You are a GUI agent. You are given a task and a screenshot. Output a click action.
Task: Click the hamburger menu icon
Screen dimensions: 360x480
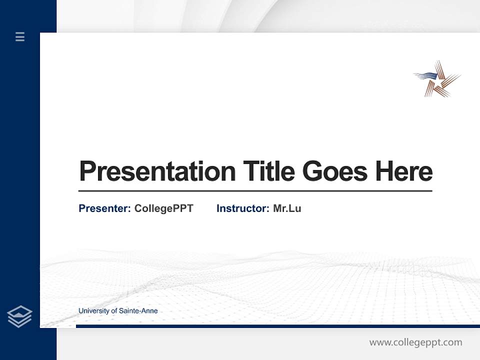tap(20, 36)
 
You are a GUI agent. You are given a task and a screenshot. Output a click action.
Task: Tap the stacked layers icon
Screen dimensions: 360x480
tap(19, 316)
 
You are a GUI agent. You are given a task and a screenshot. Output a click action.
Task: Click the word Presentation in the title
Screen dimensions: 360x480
tap(157, 171)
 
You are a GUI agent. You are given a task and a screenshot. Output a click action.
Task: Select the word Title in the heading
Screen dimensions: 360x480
tap(268, 171)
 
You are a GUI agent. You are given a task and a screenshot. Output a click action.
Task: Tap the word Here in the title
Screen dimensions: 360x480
tap(404, 171)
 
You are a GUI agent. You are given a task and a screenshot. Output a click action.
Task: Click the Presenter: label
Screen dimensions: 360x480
tap(104, 208)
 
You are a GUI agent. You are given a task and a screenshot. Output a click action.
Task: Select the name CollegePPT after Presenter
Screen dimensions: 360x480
tap(163, 208)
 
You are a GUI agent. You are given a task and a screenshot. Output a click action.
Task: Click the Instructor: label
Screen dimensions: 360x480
tap(242, 208)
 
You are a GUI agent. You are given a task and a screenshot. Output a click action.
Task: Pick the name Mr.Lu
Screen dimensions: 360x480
tap(287, 208)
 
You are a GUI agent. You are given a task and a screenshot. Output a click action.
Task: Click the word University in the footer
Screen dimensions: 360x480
tap(94, 311)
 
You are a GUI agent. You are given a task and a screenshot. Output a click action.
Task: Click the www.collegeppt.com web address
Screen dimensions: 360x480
tap(415, 342)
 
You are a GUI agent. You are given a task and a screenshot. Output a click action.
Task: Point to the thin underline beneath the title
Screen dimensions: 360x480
tap(255, 191)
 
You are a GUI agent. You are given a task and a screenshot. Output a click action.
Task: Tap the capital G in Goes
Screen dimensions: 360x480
tap(313, 171)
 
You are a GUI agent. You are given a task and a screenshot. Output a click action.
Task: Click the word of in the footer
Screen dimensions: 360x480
tap(114, 311)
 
